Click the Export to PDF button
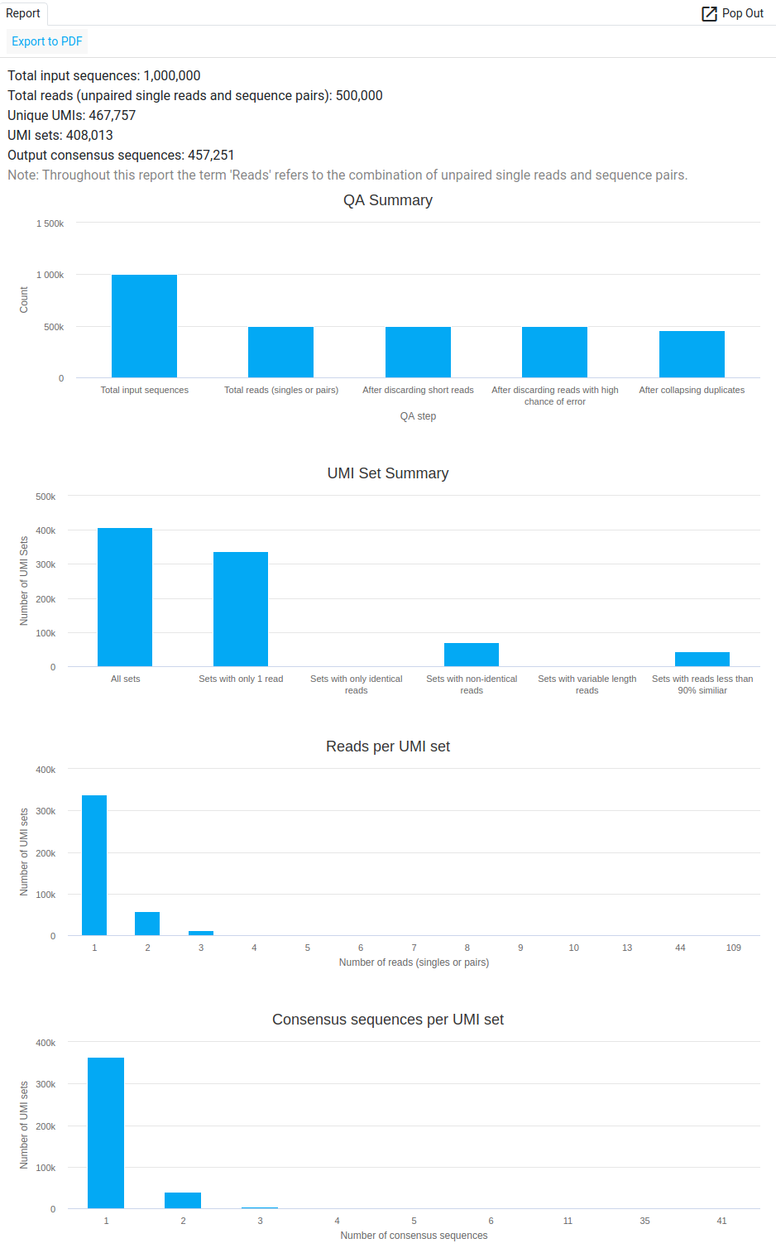point(47,41)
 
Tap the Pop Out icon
point(709,13)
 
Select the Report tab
point(23,13)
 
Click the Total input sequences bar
point(144,326)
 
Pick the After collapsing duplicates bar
point(692,354)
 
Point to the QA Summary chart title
point(388,200)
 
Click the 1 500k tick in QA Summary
point(50,223)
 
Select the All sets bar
point(125,597)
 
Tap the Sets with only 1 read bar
point(241,608)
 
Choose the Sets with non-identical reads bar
point(472,655)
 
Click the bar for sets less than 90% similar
point(702,659)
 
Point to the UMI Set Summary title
point(388,473)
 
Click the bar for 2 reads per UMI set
point(147,924)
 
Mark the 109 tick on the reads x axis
point(733,948)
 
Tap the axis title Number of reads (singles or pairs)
point(414,962)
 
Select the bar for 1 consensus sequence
point(106,1132)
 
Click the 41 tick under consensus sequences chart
point(721,1221)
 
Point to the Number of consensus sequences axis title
point(414,1236)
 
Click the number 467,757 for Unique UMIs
point(112,116)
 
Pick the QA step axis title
point(418,416)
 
